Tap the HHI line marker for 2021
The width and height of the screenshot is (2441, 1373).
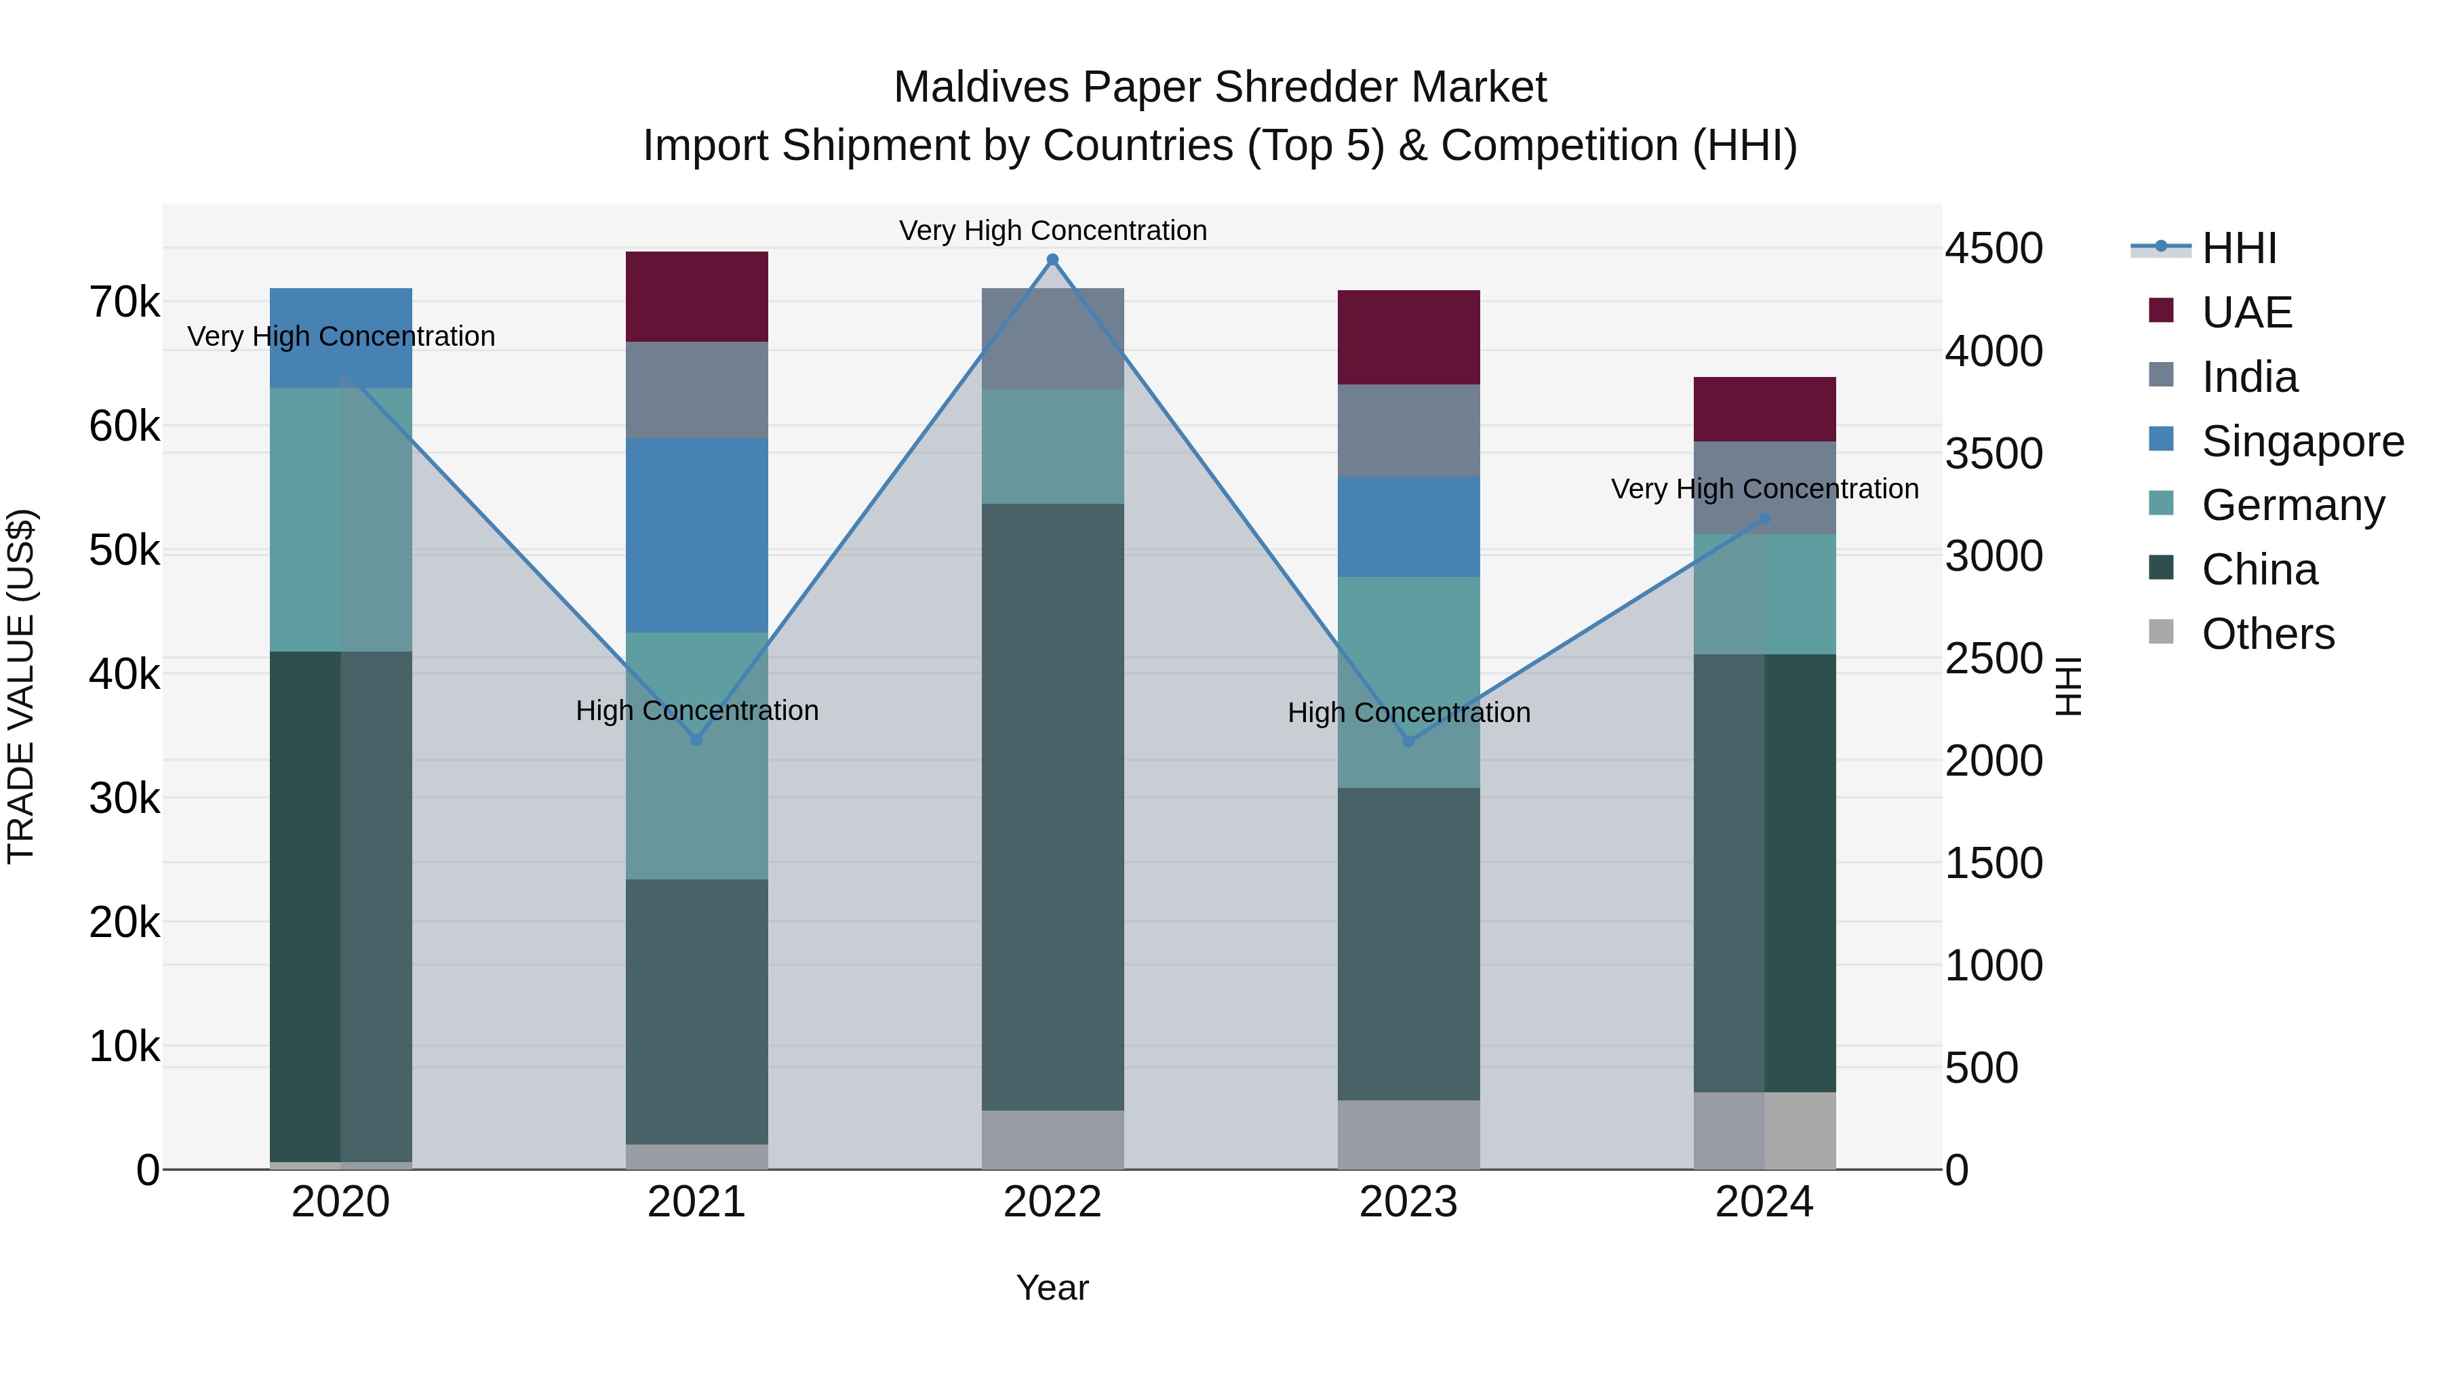696,740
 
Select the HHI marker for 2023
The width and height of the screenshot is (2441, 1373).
1408,742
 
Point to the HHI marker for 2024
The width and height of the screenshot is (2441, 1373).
1764,519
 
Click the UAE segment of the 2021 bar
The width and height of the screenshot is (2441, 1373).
696,296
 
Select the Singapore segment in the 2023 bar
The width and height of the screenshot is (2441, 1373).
1408,527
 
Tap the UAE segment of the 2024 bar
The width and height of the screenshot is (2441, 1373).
1764,410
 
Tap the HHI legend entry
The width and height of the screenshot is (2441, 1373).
2238,248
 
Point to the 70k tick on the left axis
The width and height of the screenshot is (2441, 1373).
125,302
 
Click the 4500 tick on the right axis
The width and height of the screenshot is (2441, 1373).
1993,248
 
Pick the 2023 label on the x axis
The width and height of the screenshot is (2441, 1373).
1408,1202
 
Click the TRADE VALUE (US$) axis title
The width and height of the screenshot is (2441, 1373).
21,686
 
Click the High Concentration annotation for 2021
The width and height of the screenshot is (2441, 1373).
696,711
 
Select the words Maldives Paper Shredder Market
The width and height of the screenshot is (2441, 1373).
1220,87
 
